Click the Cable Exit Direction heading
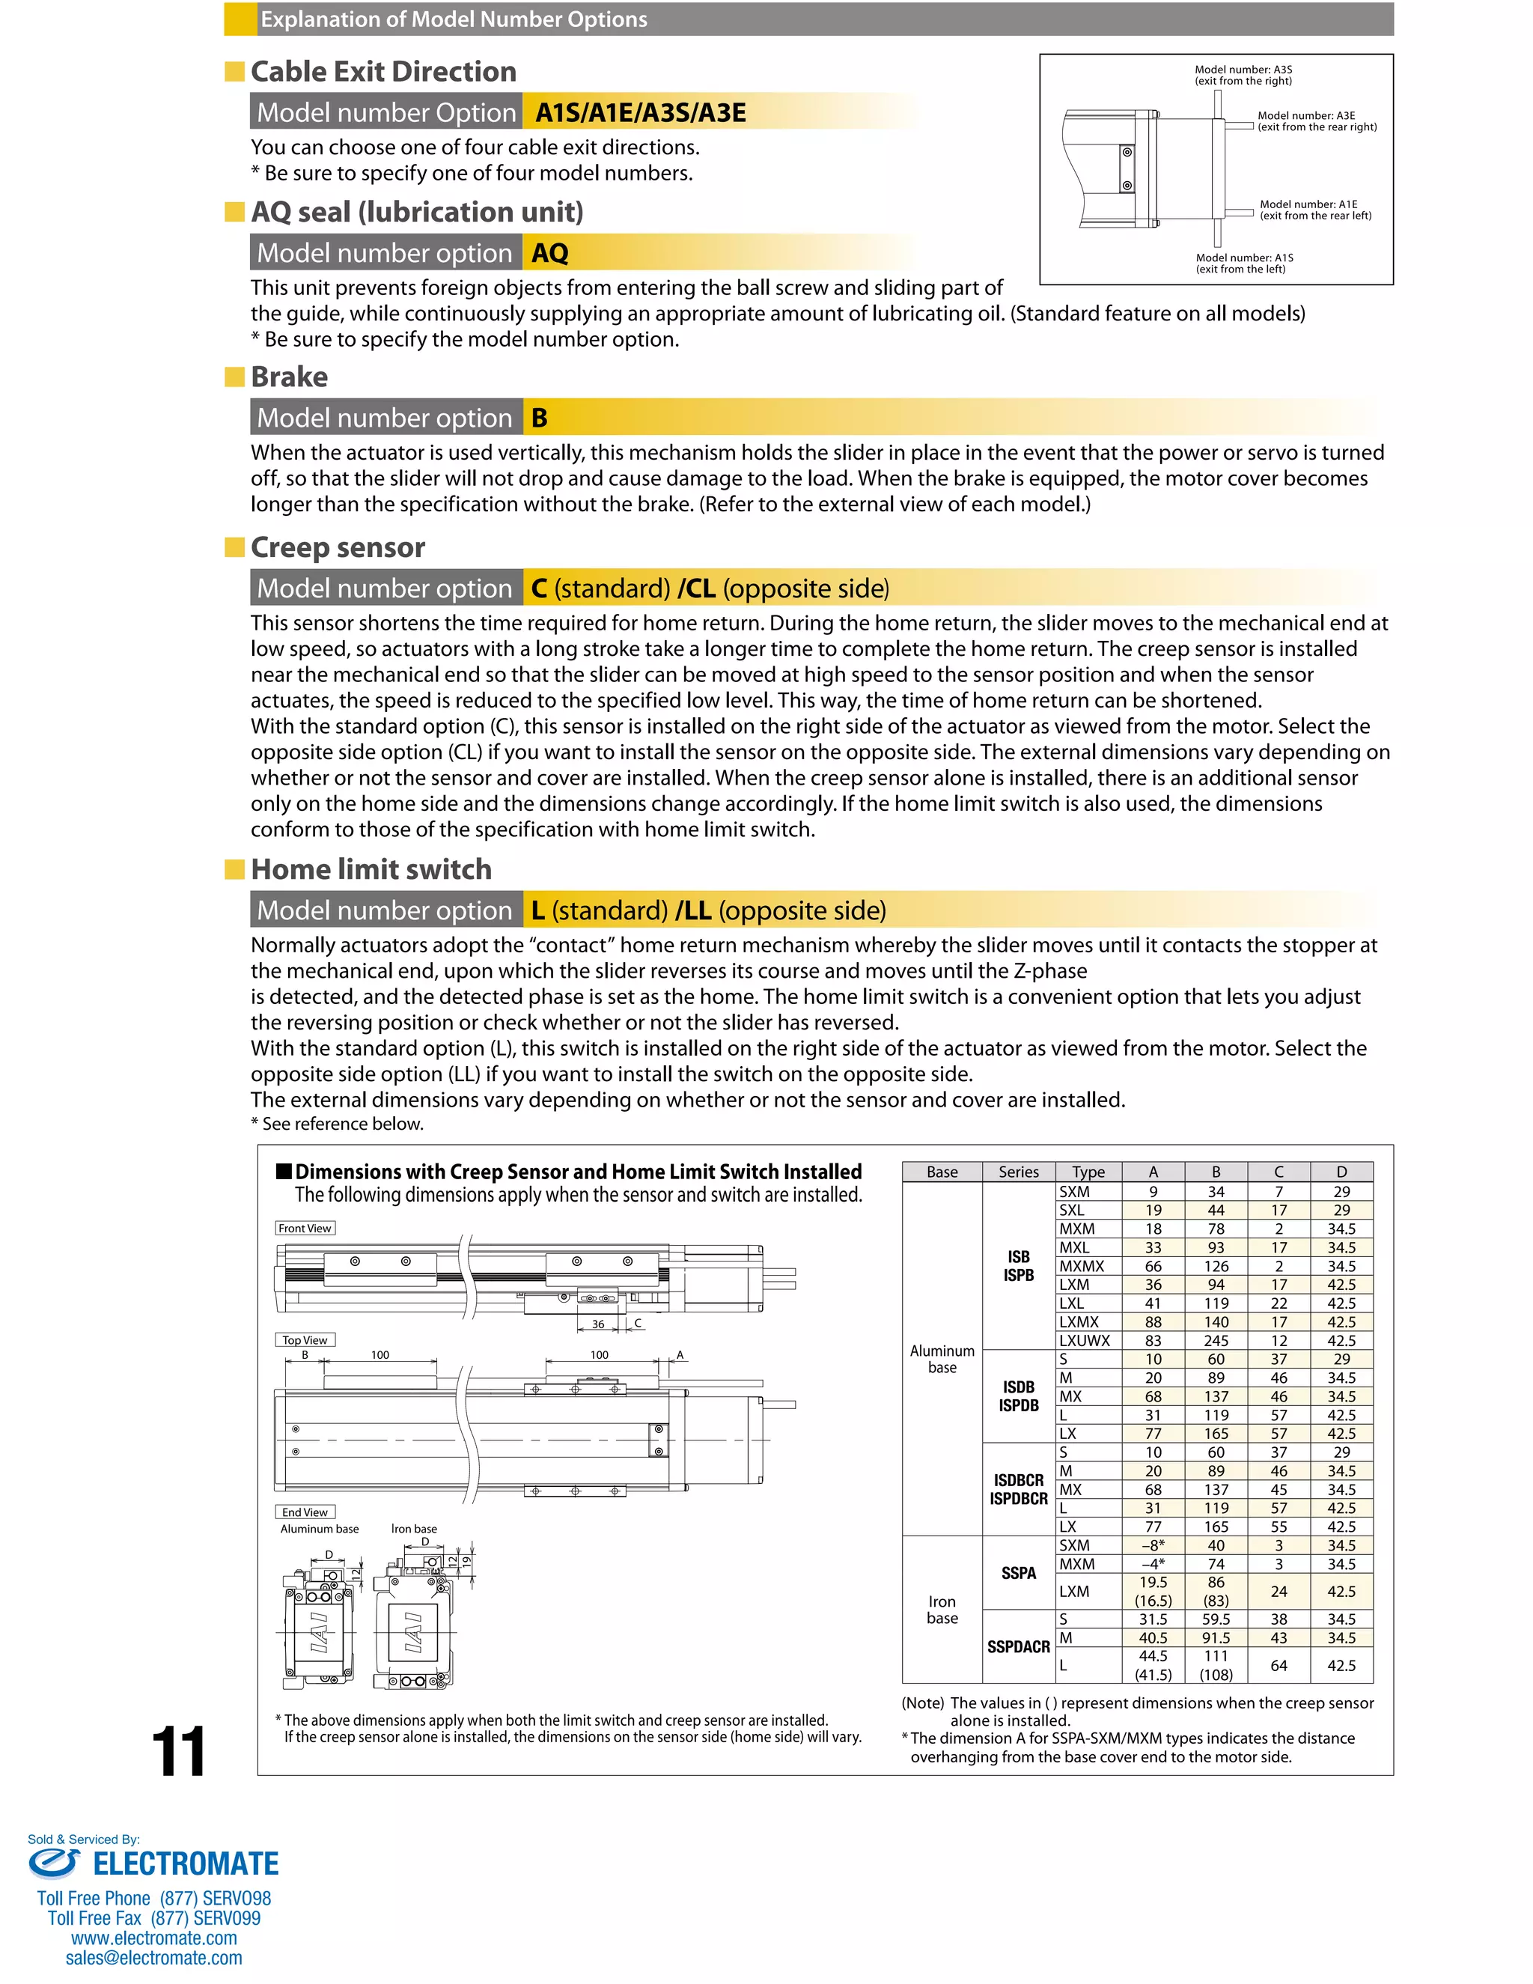[383, 72]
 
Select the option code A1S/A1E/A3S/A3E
[640, 112]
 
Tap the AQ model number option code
[549, 254]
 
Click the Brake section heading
[289, 377]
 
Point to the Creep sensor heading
[337, 548]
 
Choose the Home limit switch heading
[371, 869]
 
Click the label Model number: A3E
[1306, 116]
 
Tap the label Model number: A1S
[1244, 258]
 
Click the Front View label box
[305, 1228]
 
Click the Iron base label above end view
[414, 1529]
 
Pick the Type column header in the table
[1088, 1172]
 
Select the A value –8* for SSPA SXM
[1153, 1545]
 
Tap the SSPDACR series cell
[1018, 1647]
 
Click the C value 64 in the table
[1278, 1665]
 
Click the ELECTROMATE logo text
[186, 1864]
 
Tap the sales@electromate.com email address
[153, 1958]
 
